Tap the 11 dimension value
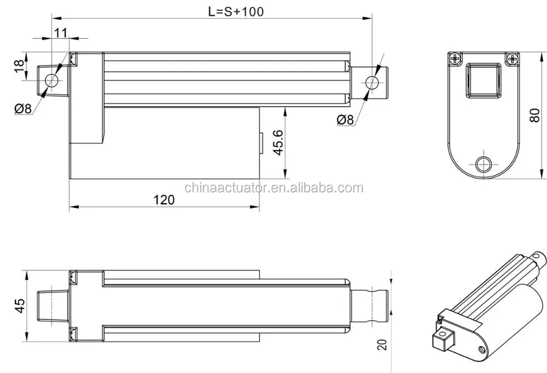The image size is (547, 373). (60, 32)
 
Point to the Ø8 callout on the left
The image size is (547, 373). (22, 108)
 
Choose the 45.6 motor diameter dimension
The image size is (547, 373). (278, 143)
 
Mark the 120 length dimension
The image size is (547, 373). (164, 200)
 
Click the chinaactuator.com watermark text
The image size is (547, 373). (273, 188)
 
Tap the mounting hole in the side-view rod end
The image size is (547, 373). (372, 83)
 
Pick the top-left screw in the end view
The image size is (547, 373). (455, 58)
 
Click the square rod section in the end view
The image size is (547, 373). (483, 80)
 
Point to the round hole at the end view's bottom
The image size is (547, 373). (483, 164)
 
